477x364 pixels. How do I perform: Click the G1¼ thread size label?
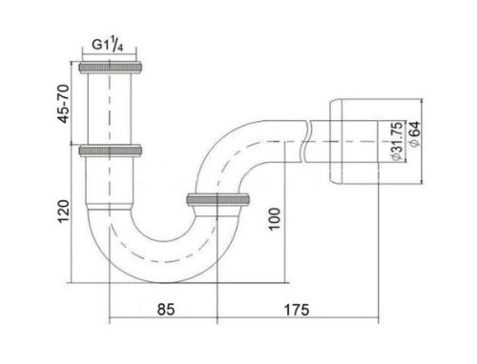108,45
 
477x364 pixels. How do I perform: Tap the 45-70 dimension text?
63,104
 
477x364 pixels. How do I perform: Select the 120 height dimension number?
63,212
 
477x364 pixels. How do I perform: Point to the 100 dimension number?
275,219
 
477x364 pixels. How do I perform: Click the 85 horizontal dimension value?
166,310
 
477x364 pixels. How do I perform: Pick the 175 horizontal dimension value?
297,310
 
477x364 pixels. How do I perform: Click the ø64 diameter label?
415,133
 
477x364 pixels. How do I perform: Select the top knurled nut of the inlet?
110,68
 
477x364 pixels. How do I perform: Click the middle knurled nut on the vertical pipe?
110,151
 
